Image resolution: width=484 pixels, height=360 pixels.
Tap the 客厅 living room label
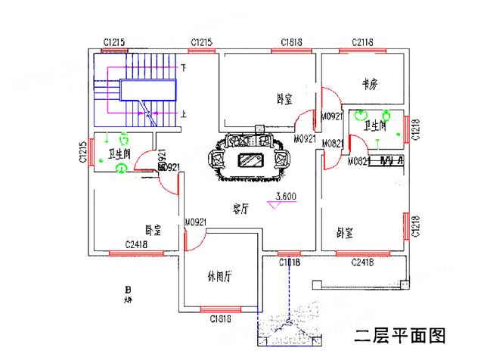click(240, 209)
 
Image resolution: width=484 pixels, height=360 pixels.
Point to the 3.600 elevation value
click(286, 197)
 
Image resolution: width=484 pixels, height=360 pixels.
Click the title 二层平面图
click(401, 335)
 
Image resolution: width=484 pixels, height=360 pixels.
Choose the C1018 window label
click(290, 262)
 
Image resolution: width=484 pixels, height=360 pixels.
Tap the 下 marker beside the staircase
click(184, 68)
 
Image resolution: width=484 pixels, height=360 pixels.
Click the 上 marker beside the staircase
click(184, 114)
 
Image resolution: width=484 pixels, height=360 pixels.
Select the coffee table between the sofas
click(250, 160)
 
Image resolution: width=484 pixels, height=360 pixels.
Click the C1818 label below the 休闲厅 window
click(220, 318)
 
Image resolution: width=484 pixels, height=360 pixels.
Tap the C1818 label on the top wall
click(292, 42)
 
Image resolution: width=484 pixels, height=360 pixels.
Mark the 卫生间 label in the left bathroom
click(119, 154)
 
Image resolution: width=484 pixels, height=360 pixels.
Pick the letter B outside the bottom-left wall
click(128, 289)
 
